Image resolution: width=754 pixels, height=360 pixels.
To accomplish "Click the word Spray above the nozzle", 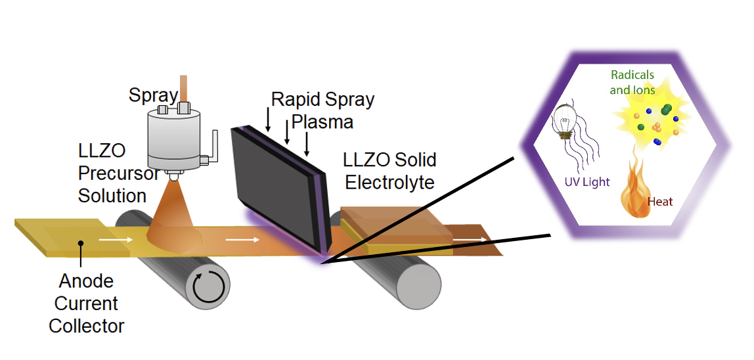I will coord(153,96).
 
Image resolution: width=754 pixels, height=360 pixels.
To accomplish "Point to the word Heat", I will coord(660,202).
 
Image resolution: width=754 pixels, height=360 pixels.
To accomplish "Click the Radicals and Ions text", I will coord(632,83).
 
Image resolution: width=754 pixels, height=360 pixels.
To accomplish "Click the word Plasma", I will coord(322,122).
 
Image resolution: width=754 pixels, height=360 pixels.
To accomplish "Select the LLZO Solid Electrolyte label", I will coord(390,170).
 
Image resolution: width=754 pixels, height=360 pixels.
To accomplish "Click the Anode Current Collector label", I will coord(85,304).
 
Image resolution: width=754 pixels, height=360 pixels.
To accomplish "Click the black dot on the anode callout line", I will coord(80,243).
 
